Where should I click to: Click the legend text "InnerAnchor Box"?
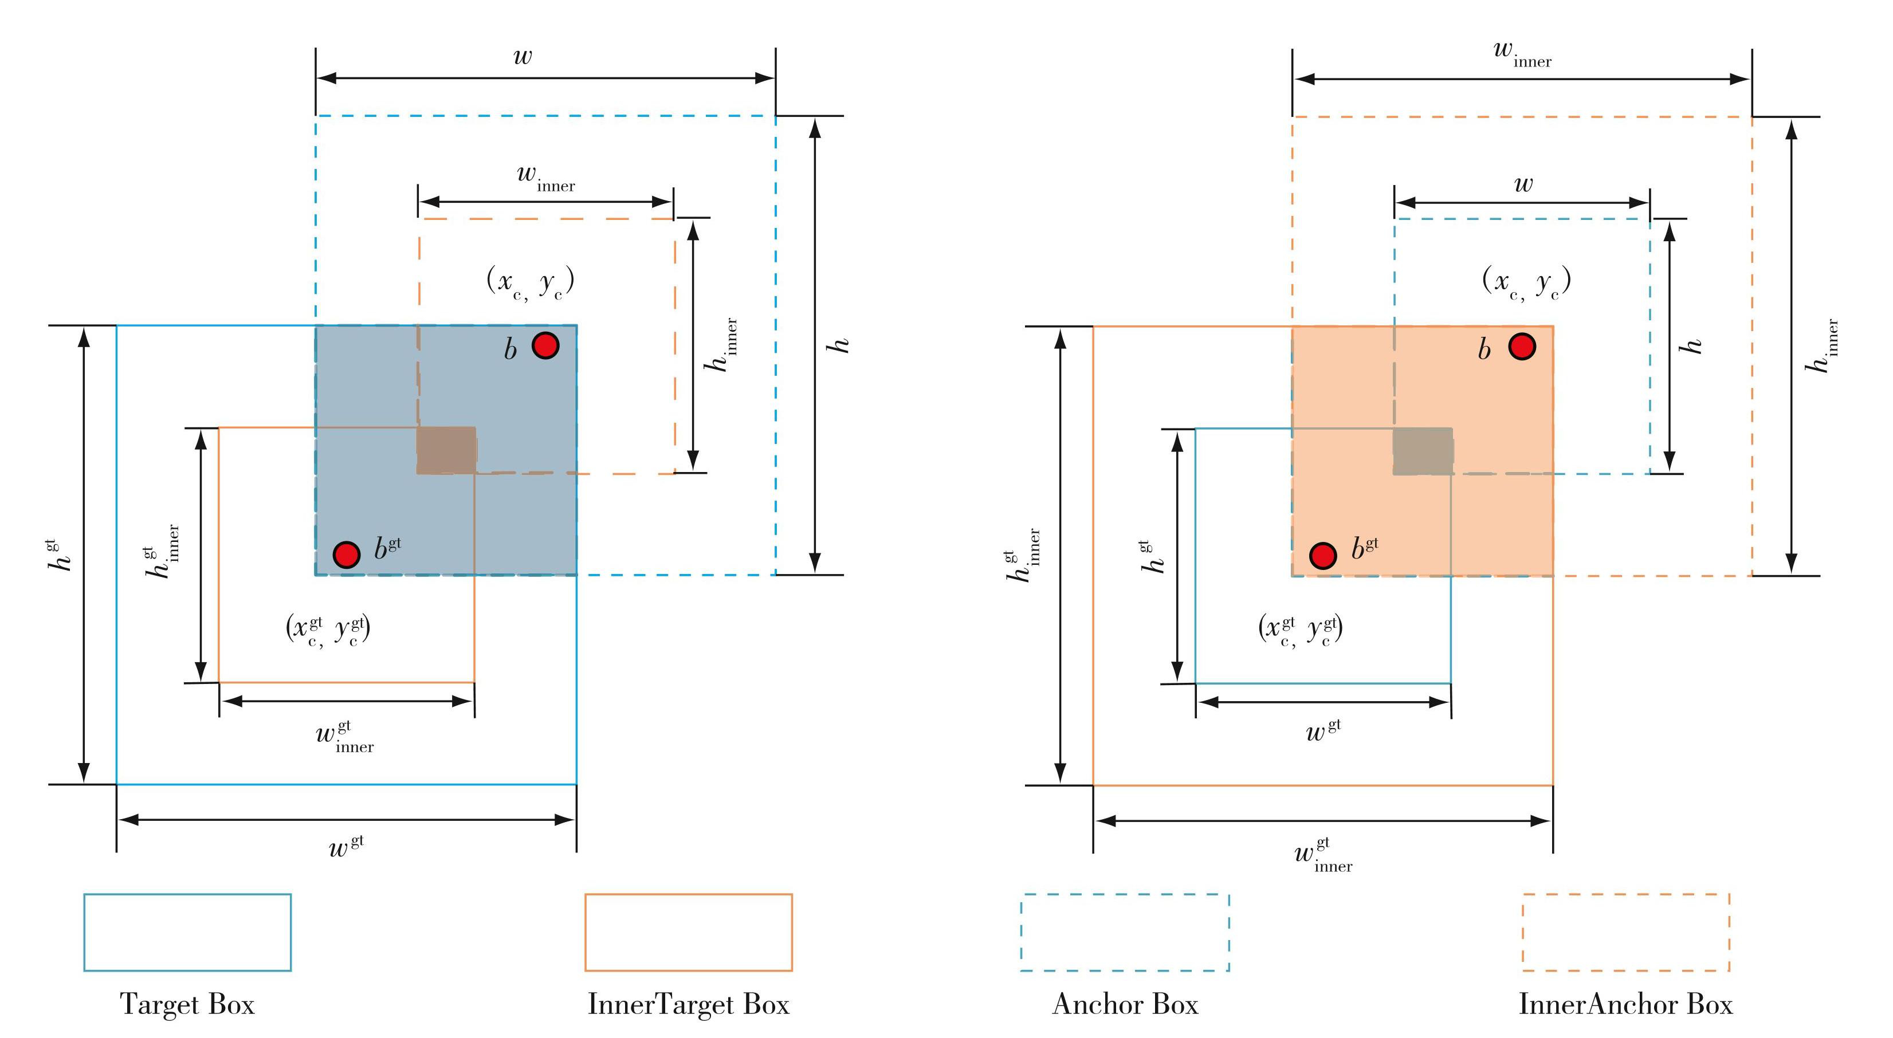pos(1625,1004)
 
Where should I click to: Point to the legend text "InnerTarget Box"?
pos(689,1004)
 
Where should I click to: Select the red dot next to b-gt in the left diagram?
pos(346,555)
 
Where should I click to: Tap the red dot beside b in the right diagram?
pos(1522,346)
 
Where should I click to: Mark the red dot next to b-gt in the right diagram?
pos(1323,555)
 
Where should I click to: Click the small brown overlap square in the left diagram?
pos(447,450)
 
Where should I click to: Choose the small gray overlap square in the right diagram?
pos(1423,451)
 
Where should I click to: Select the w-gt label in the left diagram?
pos(346,846)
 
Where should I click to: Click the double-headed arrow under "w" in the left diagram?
pos(545,77)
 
